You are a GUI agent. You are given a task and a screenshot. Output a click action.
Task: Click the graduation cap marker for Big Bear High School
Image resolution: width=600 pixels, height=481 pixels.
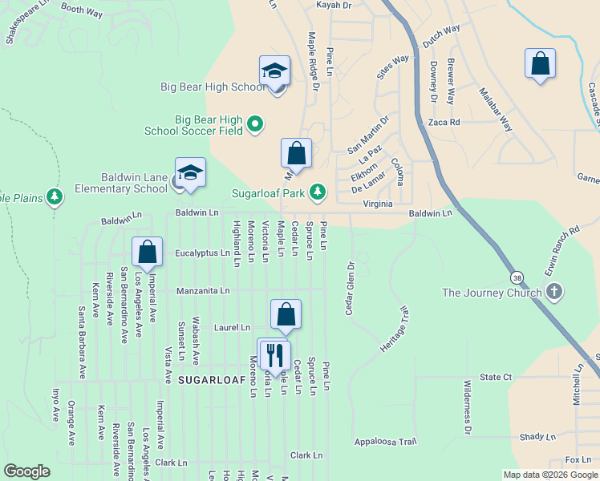coord(274,71)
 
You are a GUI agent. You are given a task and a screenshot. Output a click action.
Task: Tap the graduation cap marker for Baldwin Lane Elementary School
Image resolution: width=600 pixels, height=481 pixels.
coord(191,173)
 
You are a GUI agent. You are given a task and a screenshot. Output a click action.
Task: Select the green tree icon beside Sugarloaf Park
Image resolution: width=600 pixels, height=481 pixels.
coord(318,191)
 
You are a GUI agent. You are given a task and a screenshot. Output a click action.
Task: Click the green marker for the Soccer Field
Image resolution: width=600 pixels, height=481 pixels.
coord(255,123)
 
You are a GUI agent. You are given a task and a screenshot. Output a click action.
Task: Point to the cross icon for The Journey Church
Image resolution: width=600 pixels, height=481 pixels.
coord(553,293)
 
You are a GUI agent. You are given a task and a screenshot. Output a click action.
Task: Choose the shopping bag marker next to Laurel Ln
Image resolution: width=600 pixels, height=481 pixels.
coord(286,315)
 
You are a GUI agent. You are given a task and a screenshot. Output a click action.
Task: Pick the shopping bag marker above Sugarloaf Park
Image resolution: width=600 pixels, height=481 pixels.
coord(296,153)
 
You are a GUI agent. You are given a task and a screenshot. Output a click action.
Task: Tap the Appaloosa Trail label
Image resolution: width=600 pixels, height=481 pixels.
coord(386,441)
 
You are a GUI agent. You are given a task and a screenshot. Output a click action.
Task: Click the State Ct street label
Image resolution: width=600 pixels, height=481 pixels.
coord(496,377)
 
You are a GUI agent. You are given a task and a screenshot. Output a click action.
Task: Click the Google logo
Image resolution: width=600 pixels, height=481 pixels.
coord(26,471)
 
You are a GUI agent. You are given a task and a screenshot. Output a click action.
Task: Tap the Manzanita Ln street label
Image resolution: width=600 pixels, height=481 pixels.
coord(203,291)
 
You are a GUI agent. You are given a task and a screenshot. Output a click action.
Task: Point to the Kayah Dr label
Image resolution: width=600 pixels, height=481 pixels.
coord(334,5)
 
